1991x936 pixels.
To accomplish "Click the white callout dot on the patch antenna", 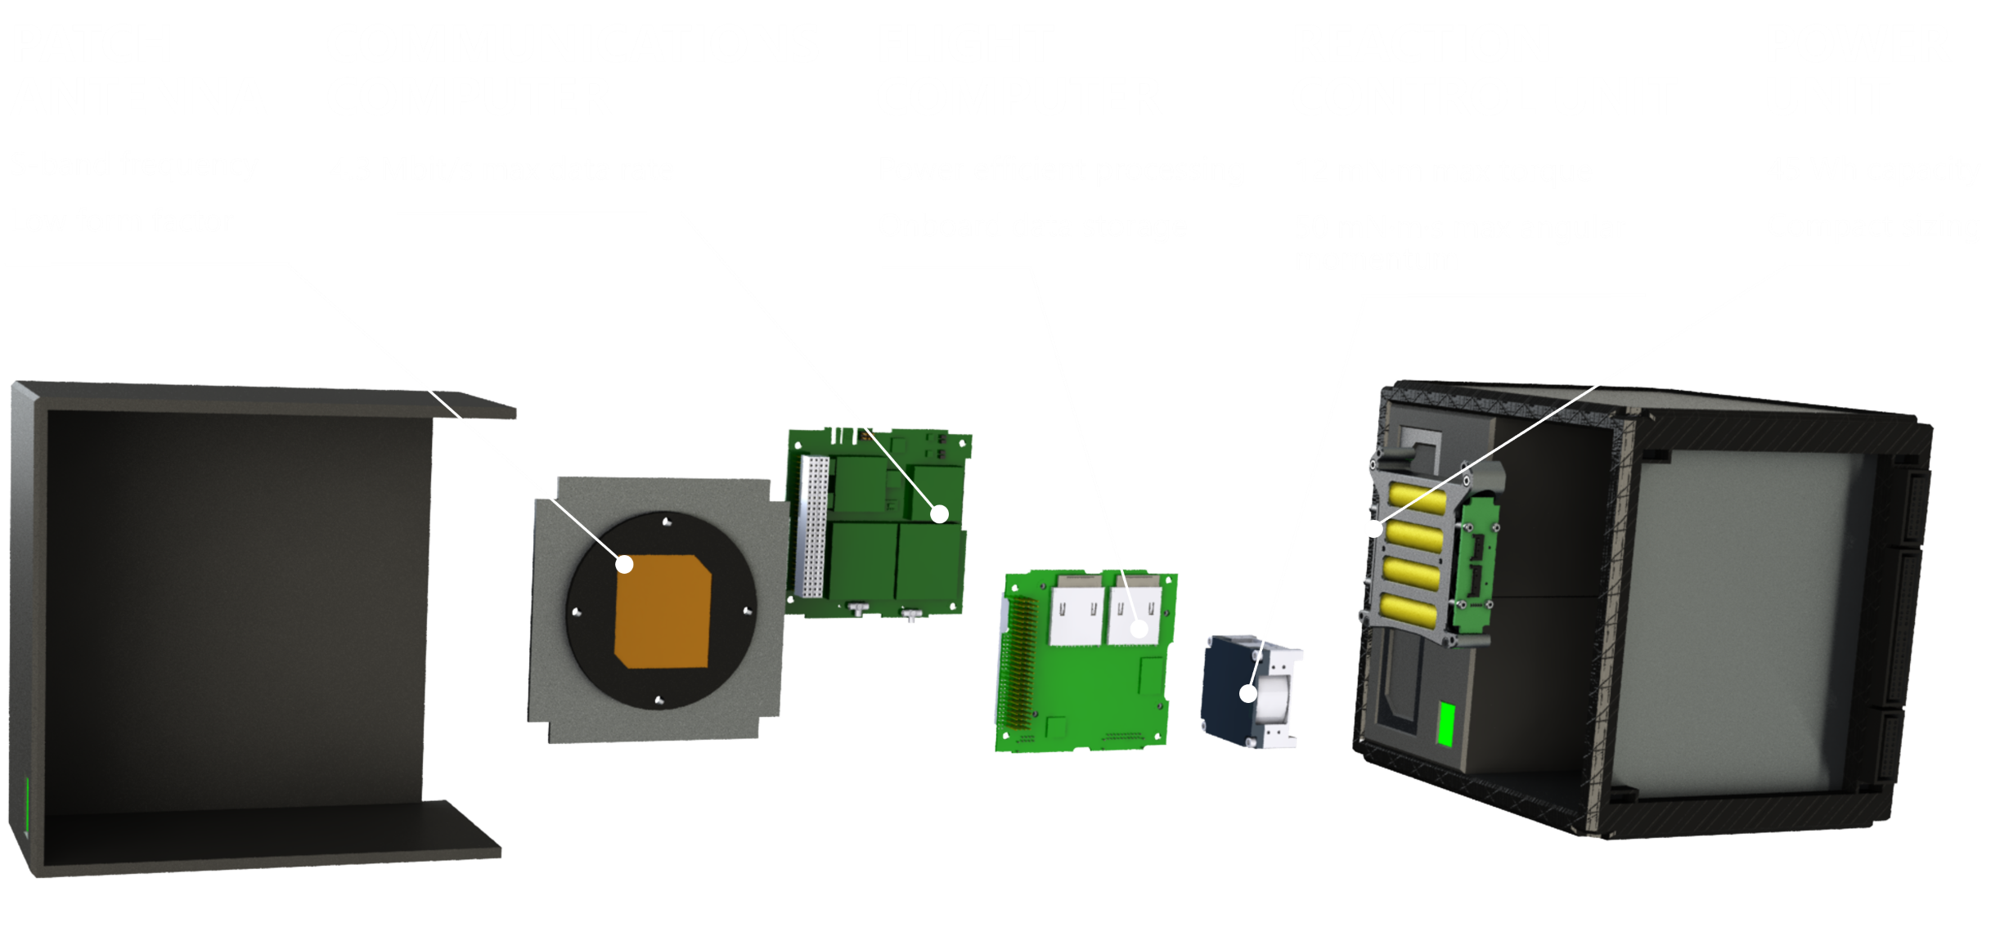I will pos(625,564).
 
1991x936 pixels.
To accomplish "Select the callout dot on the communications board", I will pos(940,513).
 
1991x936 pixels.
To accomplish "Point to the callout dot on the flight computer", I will pos(1139,629).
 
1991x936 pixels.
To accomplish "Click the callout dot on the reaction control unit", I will pos(1247,694).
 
